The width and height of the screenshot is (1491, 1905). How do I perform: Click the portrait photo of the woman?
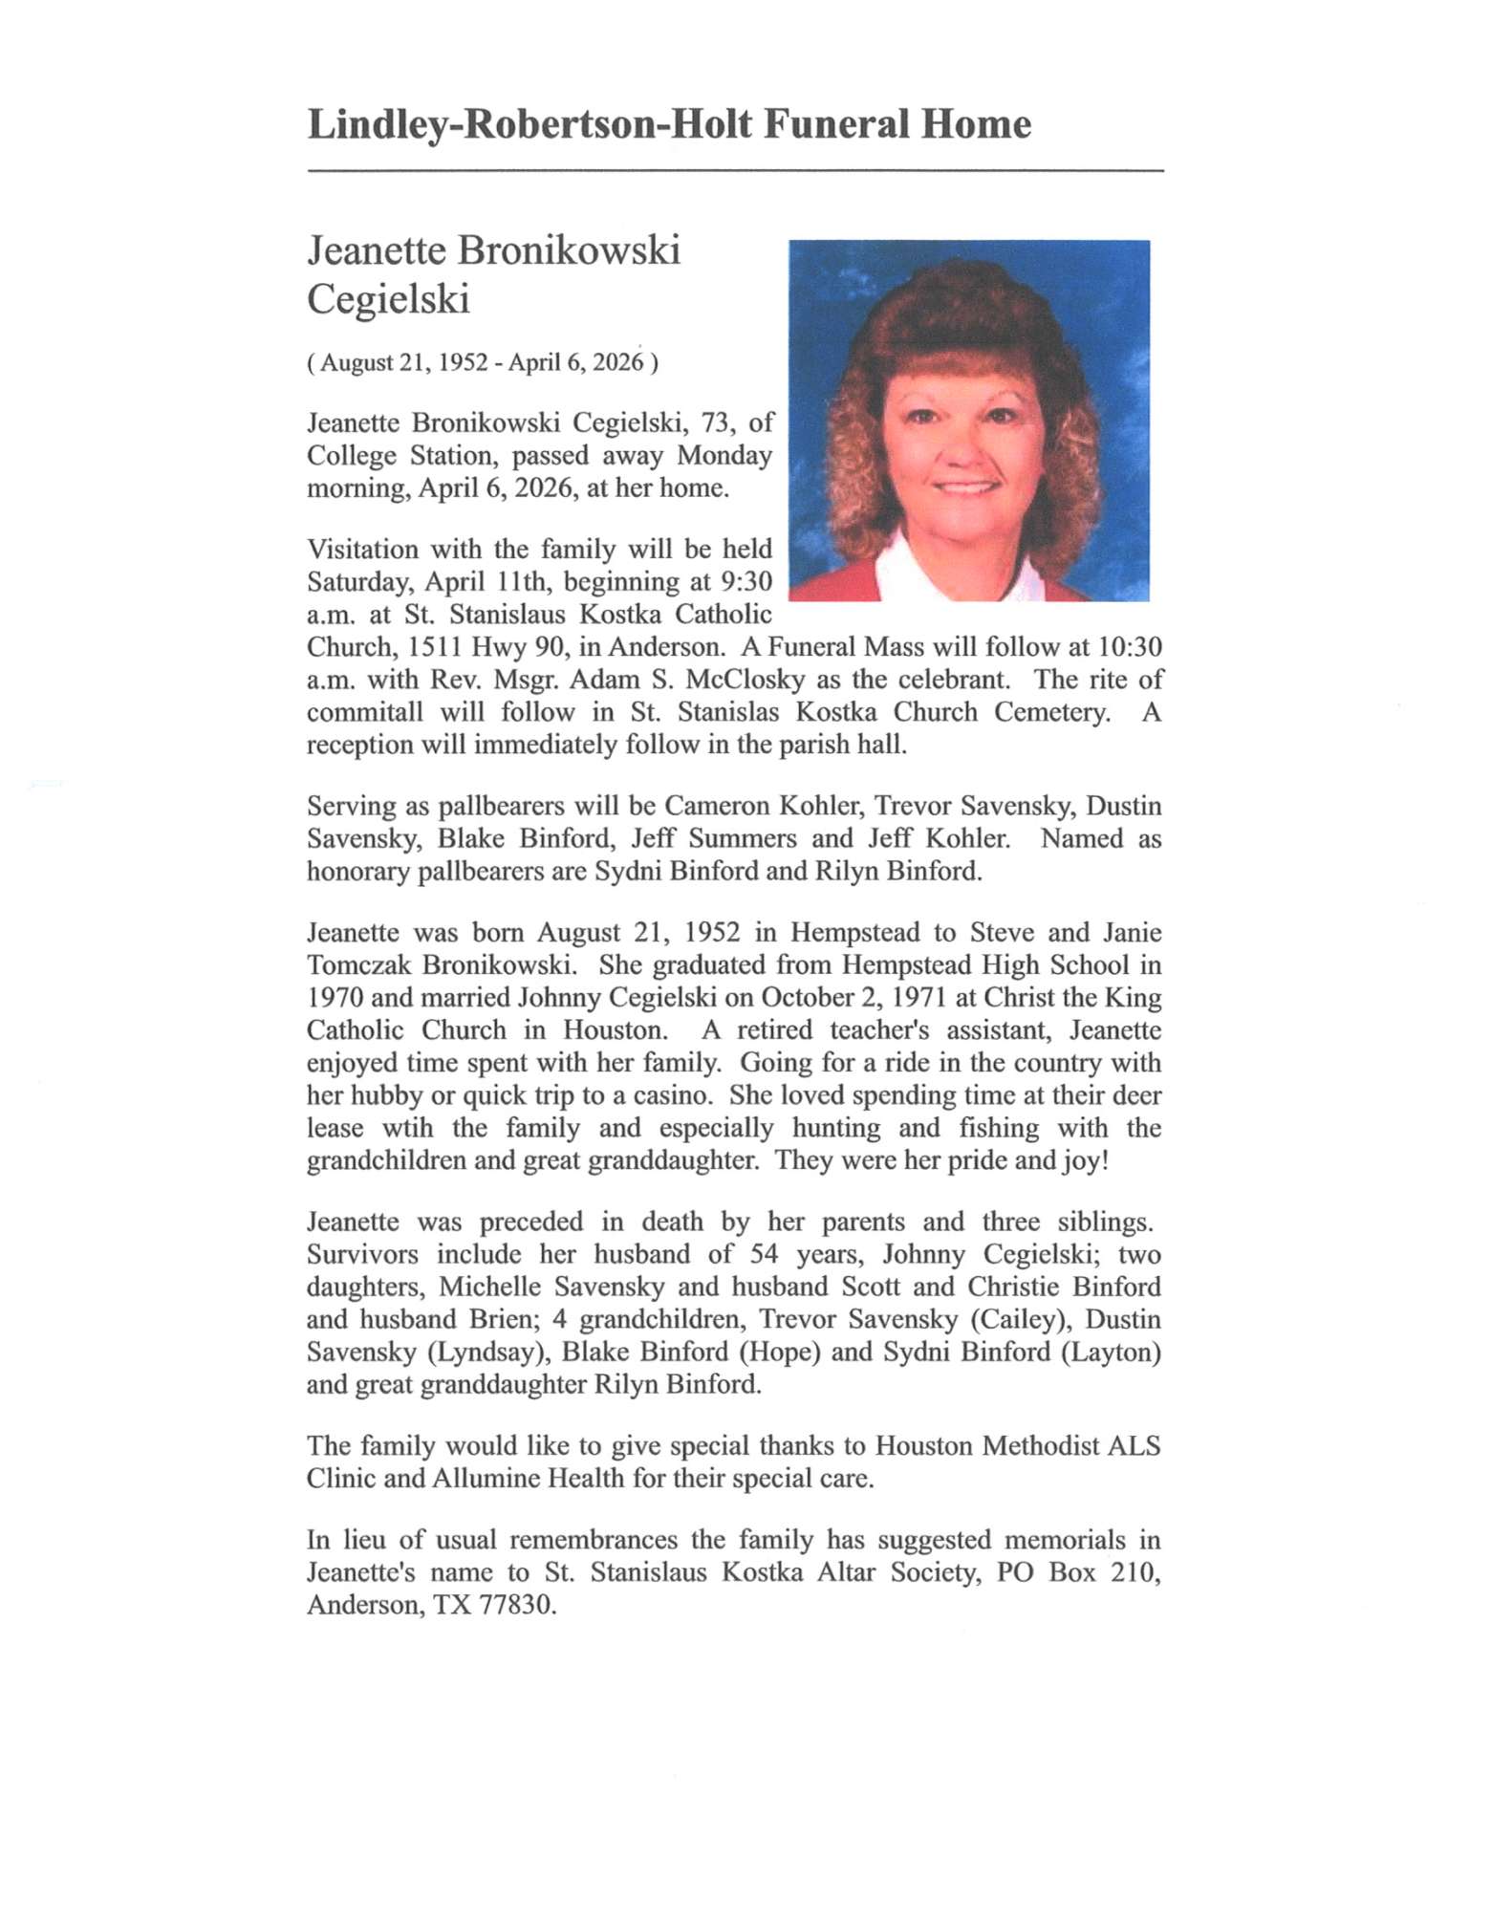click(x=968, y=421)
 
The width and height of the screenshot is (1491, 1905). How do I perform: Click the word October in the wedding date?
click(x=804, y=997)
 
